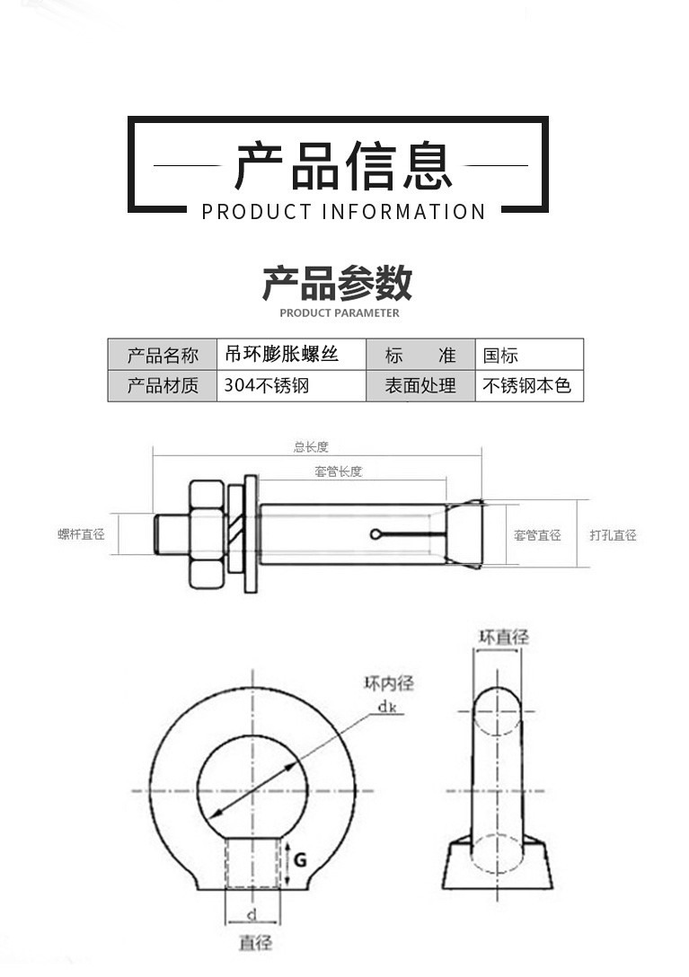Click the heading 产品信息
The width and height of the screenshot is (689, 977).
point(343,166)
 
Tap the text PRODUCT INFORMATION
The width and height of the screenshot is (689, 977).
point(343,212)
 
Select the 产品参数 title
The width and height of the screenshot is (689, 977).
point(338,282)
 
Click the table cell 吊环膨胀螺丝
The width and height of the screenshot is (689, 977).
point(281,354)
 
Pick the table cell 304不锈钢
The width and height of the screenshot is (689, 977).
point(266,386)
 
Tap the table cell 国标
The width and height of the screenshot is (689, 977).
point(500,356)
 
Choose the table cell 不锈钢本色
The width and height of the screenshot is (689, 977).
point(526,386)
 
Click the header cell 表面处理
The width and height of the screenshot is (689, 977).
point(420,386)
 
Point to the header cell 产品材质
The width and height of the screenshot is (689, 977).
point(163,386)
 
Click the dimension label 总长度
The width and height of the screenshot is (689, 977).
point(311,447)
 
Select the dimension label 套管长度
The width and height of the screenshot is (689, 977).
point(339,471)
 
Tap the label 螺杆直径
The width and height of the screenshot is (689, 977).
point(81,534)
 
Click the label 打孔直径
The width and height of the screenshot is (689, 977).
point(614,534)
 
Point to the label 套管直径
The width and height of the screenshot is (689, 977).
point(537,534)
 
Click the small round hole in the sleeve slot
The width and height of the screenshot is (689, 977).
point(375,534)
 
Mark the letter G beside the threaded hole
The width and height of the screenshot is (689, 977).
point(301,860)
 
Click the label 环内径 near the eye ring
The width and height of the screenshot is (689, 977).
point(388,683)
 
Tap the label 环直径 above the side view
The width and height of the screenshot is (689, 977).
point(504,637)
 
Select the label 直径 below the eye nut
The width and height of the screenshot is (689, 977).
point(256,942)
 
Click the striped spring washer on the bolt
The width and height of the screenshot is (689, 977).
point(234,528)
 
